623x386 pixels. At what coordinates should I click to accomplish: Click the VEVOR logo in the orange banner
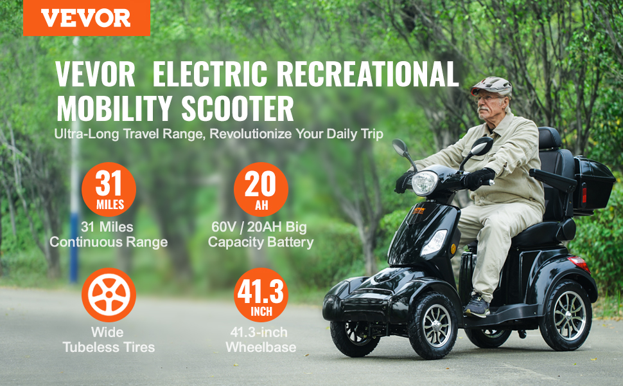(86, 18)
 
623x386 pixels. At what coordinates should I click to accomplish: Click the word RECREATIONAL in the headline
(367, 74)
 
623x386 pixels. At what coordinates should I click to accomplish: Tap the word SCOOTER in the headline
(238, 108)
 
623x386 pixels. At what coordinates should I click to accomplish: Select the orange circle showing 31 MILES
(109, 189)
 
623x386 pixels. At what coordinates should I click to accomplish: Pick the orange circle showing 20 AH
(261, 189)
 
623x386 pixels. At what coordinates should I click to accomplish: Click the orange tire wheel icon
(109, 295)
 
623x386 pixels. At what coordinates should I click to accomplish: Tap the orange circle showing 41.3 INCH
(261, 295)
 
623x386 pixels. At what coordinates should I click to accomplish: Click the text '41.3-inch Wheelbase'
(261, 340)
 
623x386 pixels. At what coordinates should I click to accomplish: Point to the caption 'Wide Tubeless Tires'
(109, 340)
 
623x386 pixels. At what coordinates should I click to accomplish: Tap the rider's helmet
(491, 86)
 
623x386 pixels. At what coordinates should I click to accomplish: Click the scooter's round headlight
(425, 183)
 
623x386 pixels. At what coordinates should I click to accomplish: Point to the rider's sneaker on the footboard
(477, 305)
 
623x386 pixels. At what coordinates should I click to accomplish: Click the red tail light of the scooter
(579, 263)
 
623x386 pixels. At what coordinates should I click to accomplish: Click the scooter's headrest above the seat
(550, 138)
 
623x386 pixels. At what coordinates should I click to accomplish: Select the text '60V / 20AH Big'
(259, 227)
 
